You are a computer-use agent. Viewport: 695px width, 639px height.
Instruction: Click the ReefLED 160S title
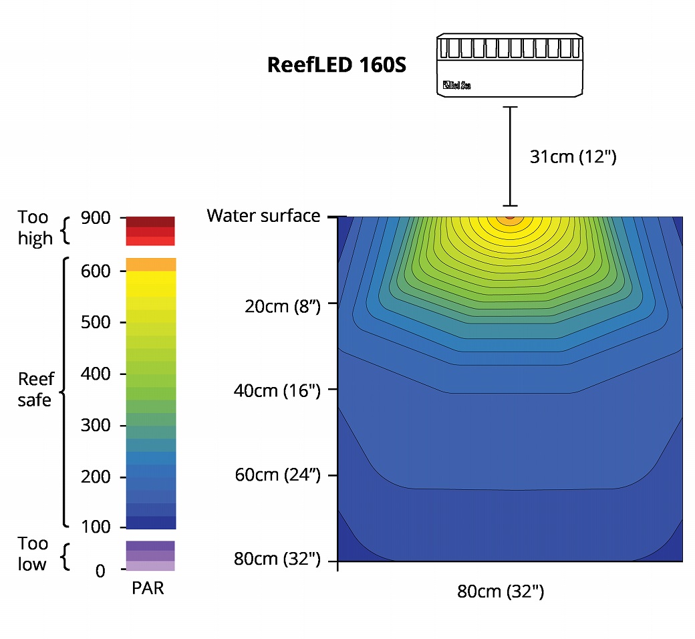coord(336,66)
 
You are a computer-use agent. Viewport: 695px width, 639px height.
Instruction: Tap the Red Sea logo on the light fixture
coord(456,85)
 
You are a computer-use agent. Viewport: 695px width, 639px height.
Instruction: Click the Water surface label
coord(263,216)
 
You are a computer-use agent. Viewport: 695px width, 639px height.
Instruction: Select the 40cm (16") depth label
coord(277,390)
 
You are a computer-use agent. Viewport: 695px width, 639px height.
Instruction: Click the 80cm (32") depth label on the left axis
coord(277,559)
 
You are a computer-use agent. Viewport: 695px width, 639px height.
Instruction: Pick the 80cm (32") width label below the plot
coord(501,592)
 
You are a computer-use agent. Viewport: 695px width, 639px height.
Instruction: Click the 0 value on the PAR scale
coord(100,570)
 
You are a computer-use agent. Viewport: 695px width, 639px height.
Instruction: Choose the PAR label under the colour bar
coord(148,590)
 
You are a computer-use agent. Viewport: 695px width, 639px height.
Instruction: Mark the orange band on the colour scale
coord(150,264)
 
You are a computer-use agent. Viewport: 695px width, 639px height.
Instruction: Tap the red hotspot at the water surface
coord(509,217)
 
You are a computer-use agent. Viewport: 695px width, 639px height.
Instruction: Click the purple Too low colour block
coord(150,555)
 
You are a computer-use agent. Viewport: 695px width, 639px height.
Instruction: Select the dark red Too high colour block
coord(150,222)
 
